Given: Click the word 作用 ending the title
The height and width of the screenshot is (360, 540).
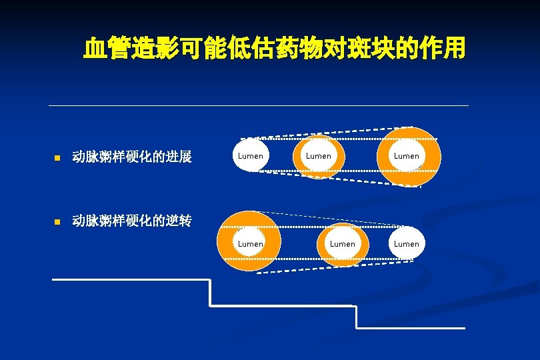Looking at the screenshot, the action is point(443,48).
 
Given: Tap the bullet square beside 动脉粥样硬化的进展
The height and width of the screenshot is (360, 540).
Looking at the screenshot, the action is point(58,159).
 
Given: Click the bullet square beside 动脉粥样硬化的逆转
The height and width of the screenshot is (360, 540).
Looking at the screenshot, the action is point(58,221).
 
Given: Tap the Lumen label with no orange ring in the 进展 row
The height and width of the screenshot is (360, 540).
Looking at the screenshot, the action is point(251,156).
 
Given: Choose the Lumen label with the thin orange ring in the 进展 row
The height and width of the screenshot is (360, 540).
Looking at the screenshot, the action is point(319,156).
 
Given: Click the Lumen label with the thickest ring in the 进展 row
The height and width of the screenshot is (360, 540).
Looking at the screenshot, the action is point(407,156).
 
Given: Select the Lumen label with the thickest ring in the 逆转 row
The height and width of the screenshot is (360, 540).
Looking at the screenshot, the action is point(251,244).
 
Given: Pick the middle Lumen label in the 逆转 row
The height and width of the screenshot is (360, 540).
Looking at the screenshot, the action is point(343,244).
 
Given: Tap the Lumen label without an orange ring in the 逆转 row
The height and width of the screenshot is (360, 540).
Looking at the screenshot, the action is point(407,244).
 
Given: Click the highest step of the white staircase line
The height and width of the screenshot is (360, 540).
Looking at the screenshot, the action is point(131,279).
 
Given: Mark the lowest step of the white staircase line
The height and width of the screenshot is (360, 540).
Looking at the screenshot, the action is point(411,328).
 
